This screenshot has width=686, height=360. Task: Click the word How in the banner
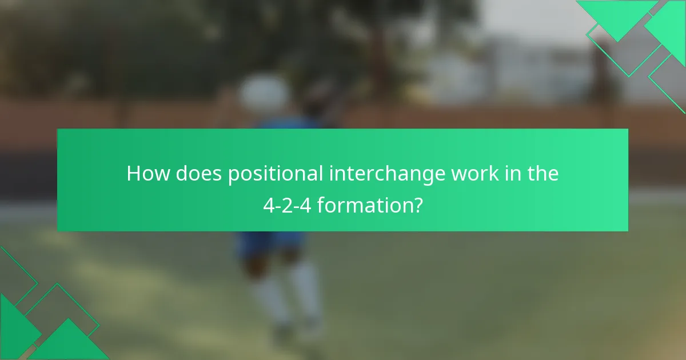(x=147, y=173)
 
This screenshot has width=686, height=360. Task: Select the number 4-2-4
(x=286, y=204)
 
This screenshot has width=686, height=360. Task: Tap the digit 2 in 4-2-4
(x=286, y=204)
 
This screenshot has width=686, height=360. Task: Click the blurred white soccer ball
(x=264, y=92)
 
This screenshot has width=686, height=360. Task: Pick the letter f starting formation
(x=321, y=204)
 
